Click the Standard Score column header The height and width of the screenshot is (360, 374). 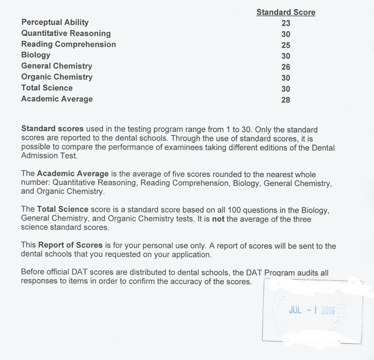pos(286,12)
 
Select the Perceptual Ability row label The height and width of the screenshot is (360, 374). pos(55,22)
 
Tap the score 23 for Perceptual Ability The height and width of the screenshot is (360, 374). pos(286,23)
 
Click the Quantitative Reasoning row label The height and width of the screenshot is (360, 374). pos(66,33)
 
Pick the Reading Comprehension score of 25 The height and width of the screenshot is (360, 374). pos(286,45)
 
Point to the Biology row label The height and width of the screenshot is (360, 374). pos(36,55)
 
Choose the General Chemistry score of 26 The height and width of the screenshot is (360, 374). pos(286,67)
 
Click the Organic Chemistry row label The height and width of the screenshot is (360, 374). pos(57,77)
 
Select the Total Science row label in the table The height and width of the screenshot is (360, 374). pos(47,88)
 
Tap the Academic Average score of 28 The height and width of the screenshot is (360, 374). pos(286,100)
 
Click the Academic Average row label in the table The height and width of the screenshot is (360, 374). pos(57,99)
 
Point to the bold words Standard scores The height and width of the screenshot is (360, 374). pos(53,129)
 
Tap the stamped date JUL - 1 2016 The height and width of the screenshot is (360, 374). pos(312,311)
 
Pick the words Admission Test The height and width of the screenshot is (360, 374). pos(49,156)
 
